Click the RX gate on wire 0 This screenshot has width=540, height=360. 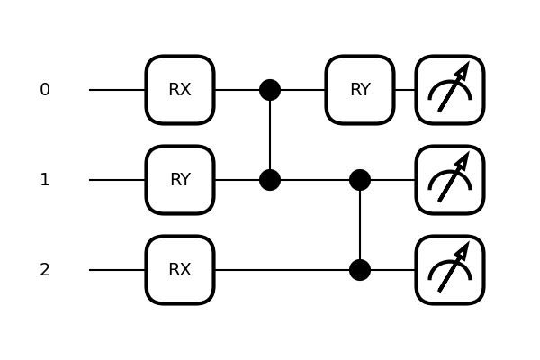pyautogui.click(x=180, y=90)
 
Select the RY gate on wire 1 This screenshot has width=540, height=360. pyautogui.click(x=180, y=180)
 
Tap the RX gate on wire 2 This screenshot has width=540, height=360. pyautogui.click(x=180, y=270)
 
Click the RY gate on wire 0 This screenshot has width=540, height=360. pyautogui.click(x=360, y=90)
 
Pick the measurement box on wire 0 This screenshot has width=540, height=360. pyautogui.click(x=450, y=90)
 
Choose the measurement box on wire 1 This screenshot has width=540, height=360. pyautogui.click(x=450, y=180)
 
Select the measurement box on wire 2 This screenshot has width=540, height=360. pyautogui.click(x=450, y=270)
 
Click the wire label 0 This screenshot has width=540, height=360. pyautogui.click(x=45, y=90)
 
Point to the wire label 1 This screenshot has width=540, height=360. pyautogui.click(x=45, y=180)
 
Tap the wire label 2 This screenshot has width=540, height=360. pyautogui.click(x=45, y=270)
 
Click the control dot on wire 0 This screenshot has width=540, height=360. pyautogui.click(x=270, y=90)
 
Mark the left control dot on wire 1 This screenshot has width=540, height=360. pyautogui.click(x=270, y=180)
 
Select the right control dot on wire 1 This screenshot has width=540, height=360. pyautogui.click(x=360, y=180)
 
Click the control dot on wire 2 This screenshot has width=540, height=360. pyautogui.click(x=360, y=270)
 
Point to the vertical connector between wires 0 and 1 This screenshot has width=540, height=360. pyautogui.click(x=270, y=135)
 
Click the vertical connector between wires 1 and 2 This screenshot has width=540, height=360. pyautogui.click(x=360, y=225)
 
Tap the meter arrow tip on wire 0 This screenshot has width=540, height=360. pyautogui.click(x=466, y=67)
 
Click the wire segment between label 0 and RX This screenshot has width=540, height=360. pyautogui.click(x=117, y=90)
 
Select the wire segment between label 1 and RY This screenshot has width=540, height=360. pyautogui.click(x=117, y=180)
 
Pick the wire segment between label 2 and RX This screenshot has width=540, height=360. pyautogui.click(x=117, y=270)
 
